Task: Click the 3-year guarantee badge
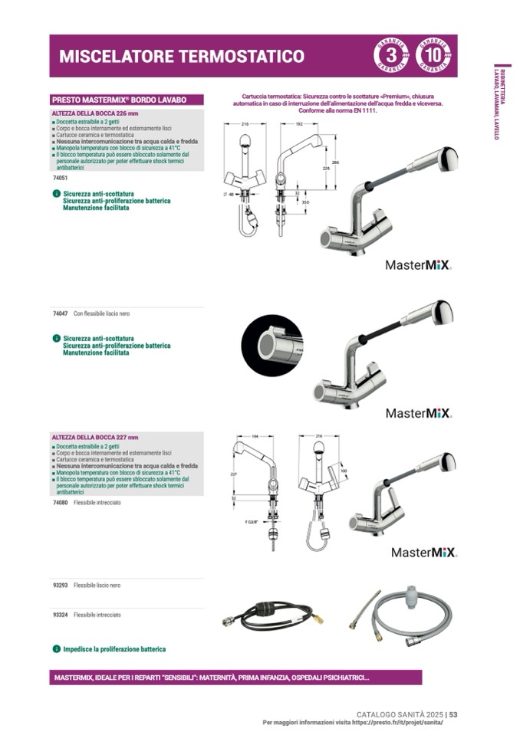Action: (390, 56)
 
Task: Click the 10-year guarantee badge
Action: (433, 56)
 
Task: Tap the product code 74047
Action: (61, 314)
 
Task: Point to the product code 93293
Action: (61, 586)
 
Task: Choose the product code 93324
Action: (61, 615)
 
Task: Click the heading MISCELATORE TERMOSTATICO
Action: (182, 56)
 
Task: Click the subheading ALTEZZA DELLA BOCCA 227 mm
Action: (95, 438)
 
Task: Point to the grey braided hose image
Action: (402, 611)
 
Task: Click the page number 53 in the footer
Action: (453, 714)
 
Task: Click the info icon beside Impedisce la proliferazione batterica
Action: (56, 649)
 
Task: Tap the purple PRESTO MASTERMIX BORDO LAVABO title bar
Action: (127, 100)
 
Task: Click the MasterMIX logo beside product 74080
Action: (424, 552)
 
